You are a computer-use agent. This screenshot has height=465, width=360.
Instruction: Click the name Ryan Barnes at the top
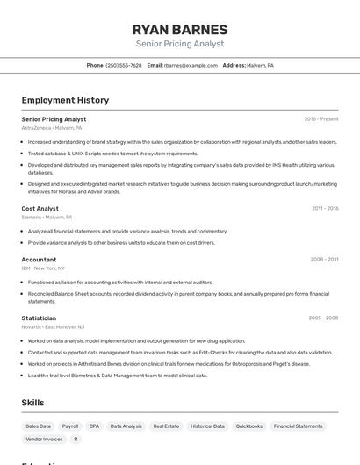point(179,30)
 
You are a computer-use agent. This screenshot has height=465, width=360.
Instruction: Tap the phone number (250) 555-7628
point(123,65)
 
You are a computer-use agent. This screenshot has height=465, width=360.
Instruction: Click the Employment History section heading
point(65,100)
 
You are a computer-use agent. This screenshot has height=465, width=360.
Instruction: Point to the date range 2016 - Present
point(320,118)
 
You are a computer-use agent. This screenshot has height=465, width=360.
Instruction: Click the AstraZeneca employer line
point(52,128)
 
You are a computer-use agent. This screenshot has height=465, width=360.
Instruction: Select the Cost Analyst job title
point(40,208)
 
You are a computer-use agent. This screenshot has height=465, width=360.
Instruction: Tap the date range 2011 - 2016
point(324,208)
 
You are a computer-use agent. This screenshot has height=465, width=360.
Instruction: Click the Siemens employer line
point(47,217)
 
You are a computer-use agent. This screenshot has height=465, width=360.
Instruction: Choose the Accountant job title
point(39,259)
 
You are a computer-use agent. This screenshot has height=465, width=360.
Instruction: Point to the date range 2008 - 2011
point(324,259)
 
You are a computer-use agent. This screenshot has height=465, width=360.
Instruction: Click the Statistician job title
point(39,318)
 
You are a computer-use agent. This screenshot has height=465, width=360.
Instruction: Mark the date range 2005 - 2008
point(323,318)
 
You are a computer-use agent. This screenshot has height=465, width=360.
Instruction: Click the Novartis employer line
point(53,326)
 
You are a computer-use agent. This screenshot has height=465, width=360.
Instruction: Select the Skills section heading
point(33,403)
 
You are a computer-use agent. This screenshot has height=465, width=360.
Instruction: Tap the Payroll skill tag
point(70,426)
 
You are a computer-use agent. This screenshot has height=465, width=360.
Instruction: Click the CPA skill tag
point(94,426)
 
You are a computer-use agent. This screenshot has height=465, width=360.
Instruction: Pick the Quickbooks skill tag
point(249,426)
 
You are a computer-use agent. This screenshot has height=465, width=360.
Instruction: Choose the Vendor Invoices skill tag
point(44,439)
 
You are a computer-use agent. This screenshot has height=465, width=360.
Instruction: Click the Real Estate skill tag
point(166,426)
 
